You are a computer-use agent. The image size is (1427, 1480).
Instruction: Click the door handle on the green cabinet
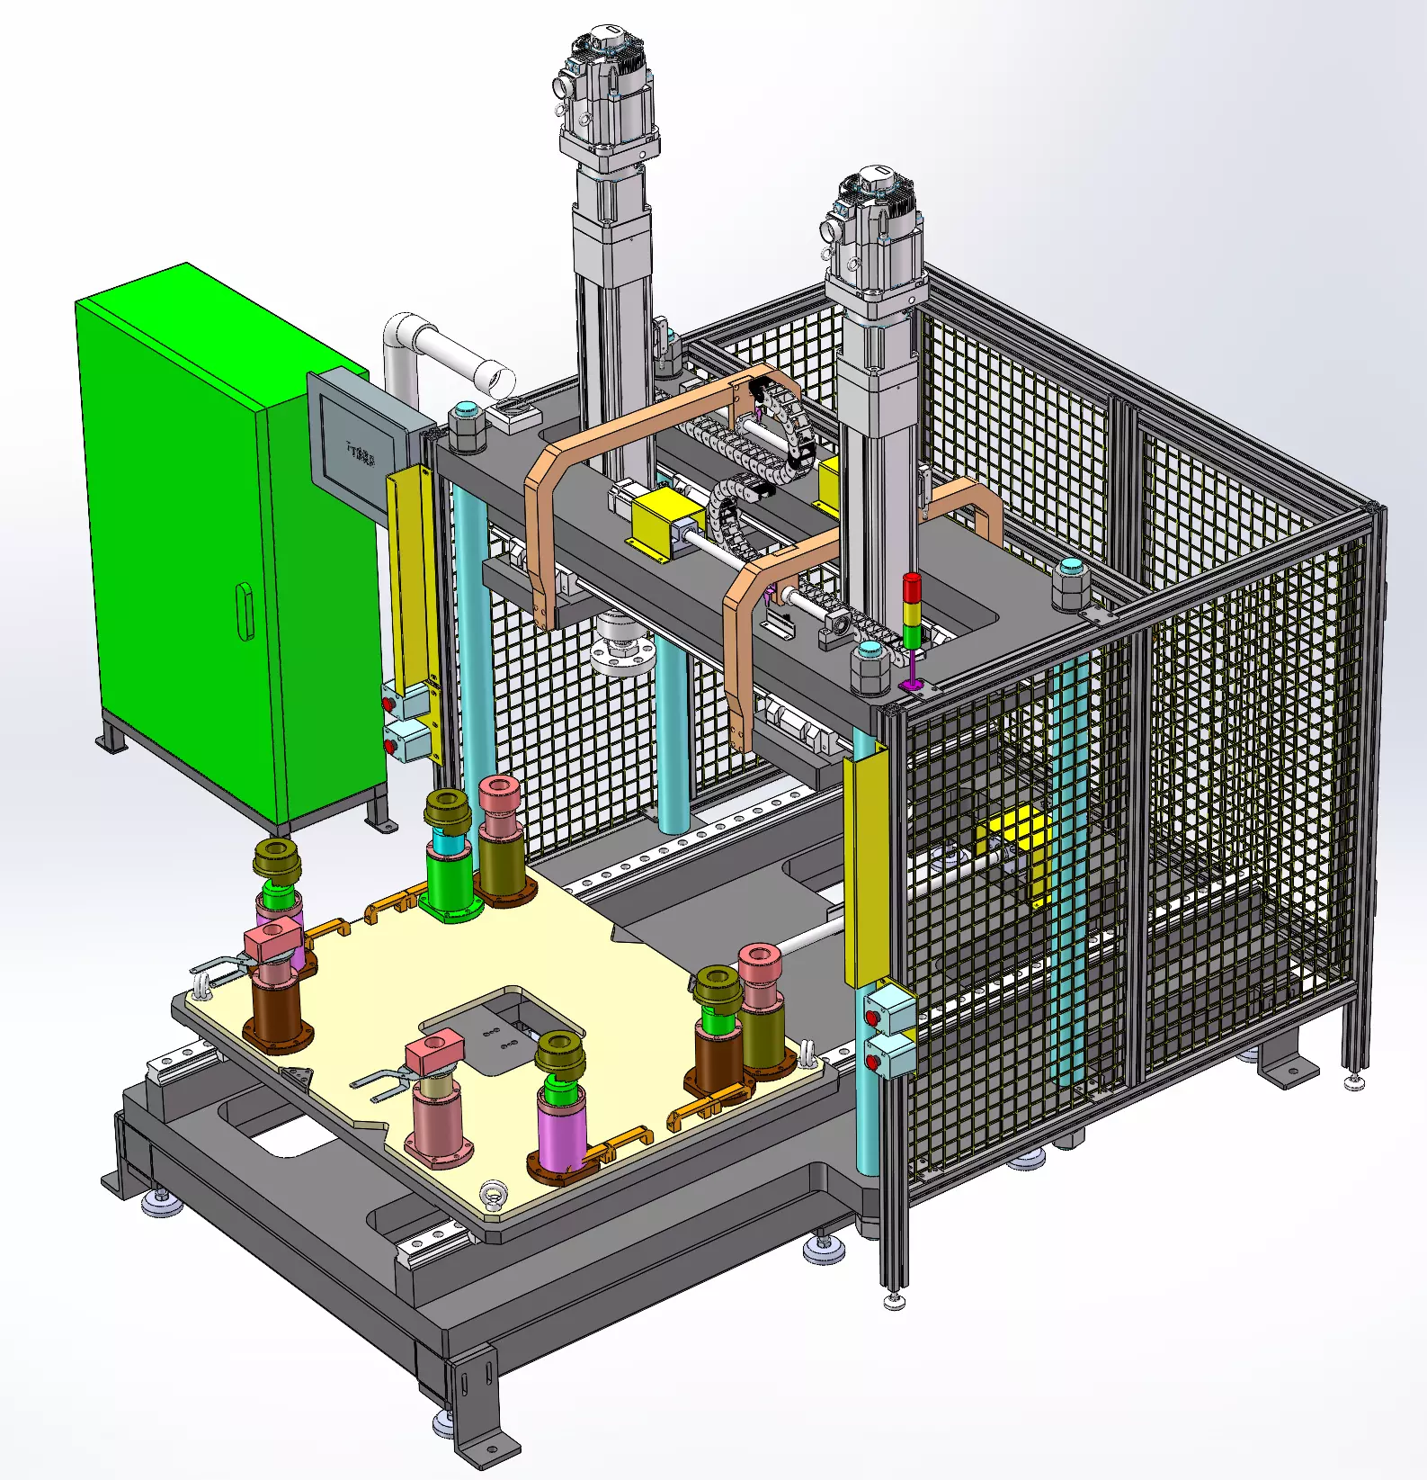point(245,611)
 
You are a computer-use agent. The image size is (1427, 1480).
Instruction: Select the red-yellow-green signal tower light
point(912,612)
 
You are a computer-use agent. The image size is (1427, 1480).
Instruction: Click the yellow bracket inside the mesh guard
point(1021,841)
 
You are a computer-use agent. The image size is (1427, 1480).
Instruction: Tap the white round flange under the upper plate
point(620,652)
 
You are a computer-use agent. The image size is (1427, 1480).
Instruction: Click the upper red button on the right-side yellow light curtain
point(871,1018)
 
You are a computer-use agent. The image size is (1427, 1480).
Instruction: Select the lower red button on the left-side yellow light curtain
point(390,746)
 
